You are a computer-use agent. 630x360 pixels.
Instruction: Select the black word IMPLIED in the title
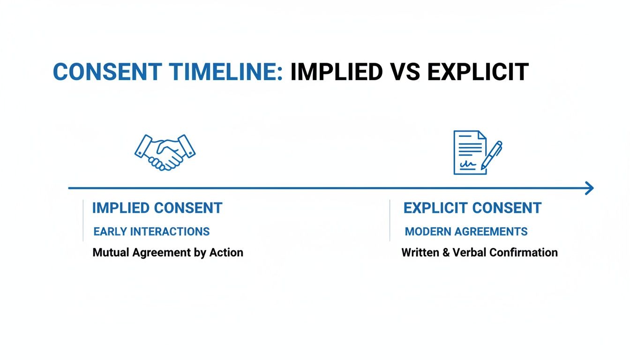pos(334,72)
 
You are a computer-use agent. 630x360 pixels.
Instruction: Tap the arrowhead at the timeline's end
pos(589,188)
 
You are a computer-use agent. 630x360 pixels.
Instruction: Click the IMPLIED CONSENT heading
pos(157,208)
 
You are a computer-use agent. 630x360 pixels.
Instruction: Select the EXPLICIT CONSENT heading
pos(472,208)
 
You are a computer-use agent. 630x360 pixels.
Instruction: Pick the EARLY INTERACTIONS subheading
pos(151,232)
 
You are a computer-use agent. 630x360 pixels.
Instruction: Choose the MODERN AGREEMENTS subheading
pos(466,232)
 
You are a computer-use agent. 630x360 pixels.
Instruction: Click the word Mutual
pos(111,253)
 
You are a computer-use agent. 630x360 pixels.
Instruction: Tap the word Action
pos(226,253)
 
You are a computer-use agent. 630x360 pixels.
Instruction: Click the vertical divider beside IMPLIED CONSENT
pos(83,220)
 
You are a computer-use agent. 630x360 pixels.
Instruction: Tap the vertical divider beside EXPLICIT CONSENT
pos(390,220)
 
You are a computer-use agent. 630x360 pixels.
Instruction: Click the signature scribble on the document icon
pos(467,165)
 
